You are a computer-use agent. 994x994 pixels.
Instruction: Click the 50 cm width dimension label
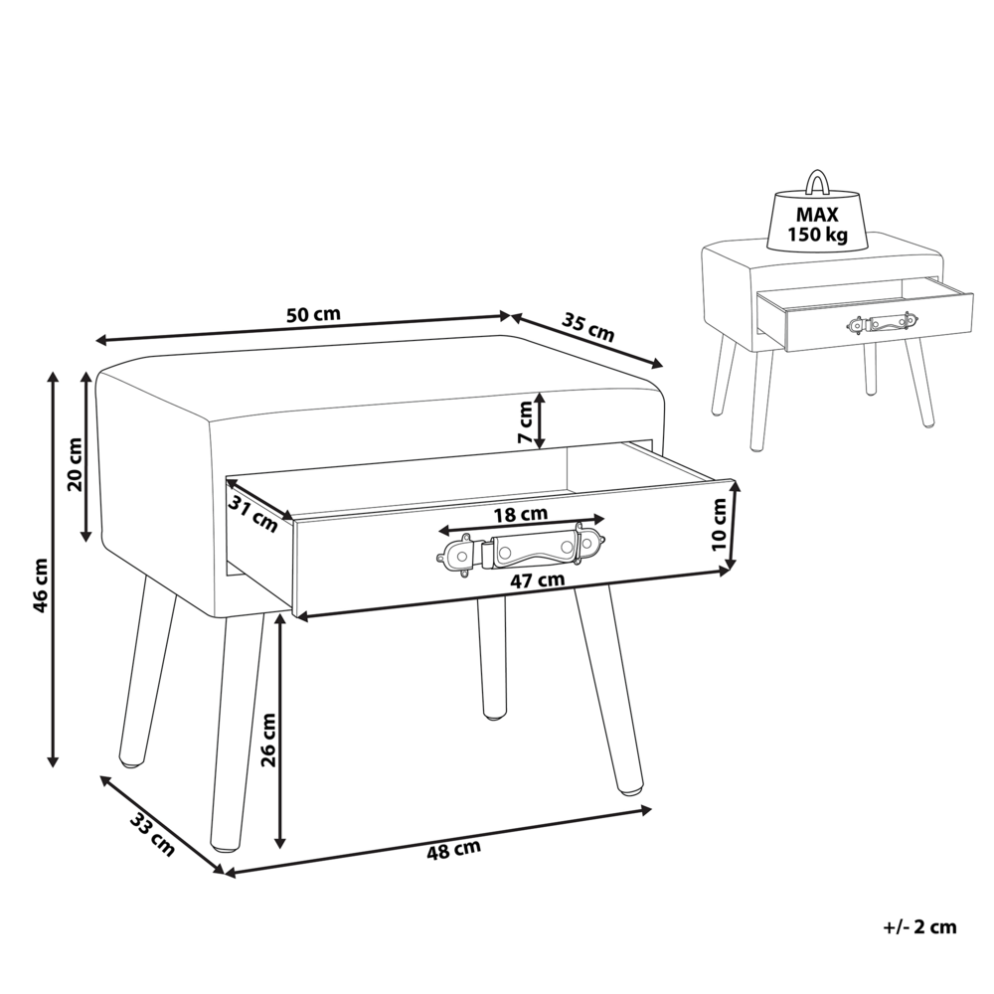313,315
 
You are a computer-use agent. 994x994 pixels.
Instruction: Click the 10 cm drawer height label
721,526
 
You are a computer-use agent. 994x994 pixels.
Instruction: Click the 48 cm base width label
453,849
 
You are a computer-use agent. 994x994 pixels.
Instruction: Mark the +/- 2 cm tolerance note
918,926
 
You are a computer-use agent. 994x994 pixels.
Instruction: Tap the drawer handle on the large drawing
516,549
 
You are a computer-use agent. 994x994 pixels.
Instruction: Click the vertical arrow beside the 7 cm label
539,420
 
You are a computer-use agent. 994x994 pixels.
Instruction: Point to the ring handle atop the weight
817,182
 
